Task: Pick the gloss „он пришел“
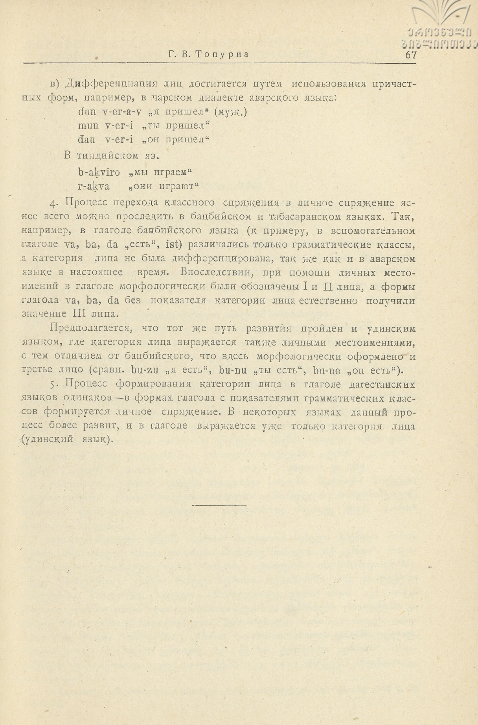point(180,140)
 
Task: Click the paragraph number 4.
point(54,203)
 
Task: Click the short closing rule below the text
point(219,506)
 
